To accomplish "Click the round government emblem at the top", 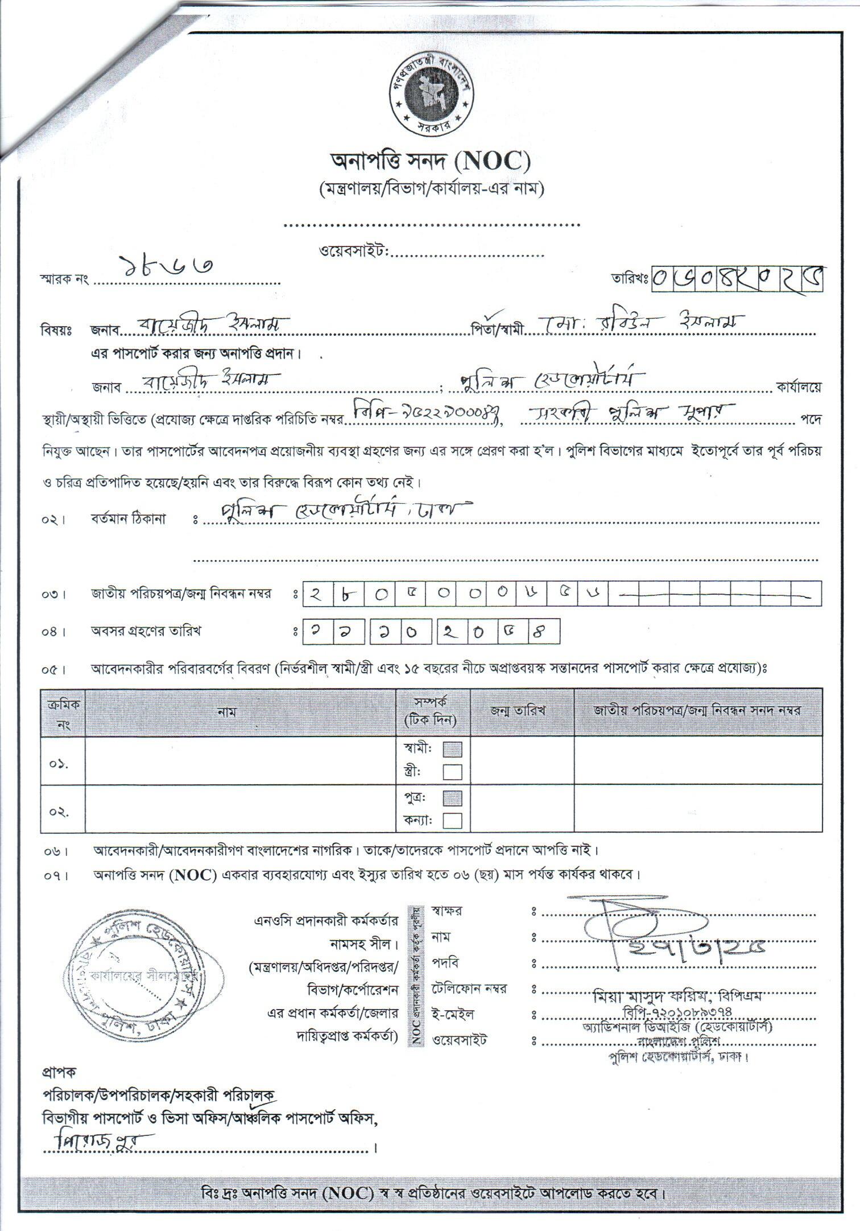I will [431, 94].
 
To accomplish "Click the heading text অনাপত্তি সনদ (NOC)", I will [431, 162].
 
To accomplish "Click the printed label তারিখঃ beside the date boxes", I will [631, 278].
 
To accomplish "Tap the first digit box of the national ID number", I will [317, 594].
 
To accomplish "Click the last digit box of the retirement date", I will [544, 631].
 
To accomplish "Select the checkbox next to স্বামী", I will [452, 749].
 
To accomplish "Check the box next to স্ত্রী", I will [452, 772].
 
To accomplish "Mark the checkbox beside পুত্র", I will [452, 798].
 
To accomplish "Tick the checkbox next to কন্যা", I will [452, 821].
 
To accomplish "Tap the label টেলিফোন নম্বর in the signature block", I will [469, 989].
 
